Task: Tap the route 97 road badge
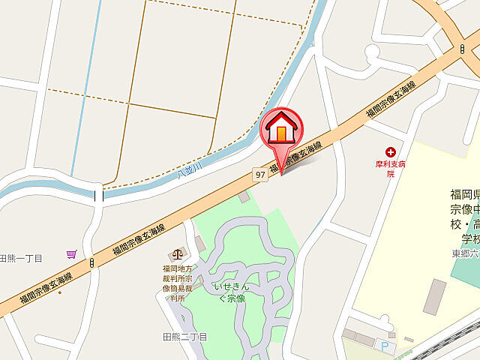point(259,174)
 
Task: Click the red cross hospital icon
point(391,151)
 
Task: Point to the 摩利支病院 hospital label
point(391,167)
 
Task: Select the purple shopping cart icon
point(72,254)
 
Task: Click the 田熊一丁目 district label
point(20,258)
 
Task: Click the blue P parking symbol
point(385,346)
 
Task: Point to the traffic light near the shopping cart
point(91,263)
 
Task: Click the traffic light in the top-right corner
point(462,49)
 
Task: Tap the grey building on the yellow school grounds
point(434,296)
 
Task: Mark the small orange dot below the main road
point(60,292)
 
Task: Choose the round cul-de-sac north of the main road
point(372,52)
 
